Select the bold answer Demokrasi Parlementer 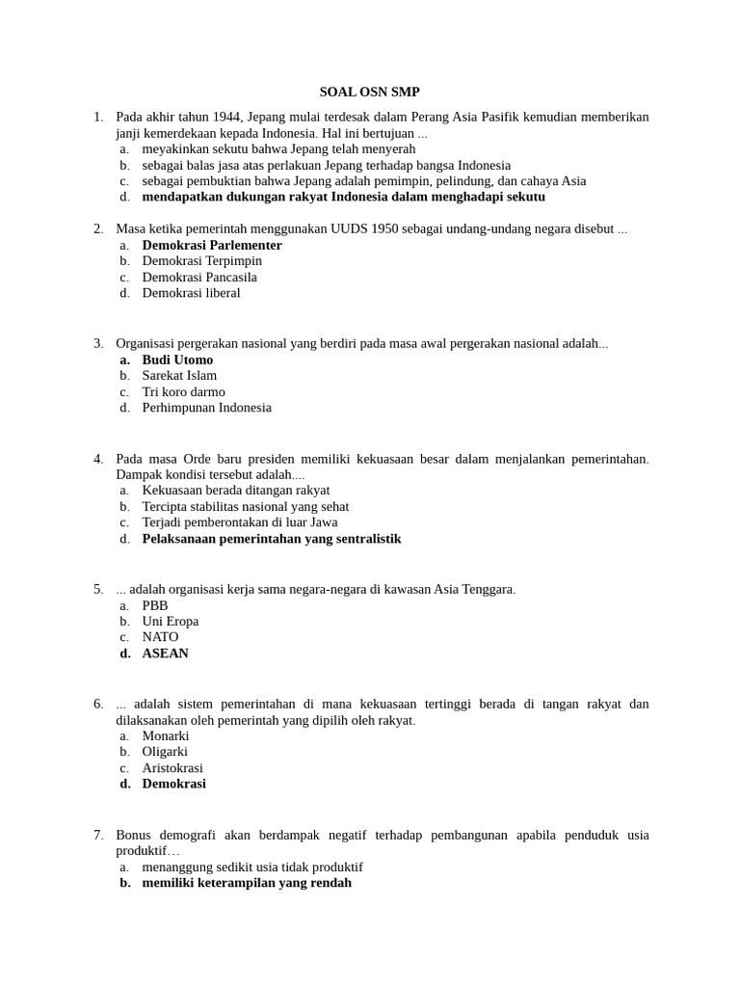pyautogui.click(x=212, y=245)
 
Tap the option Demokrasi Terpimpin pyautogui.click(x=201, y=260)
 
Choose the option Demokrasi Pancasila pyautogui.click(x=199, y=277)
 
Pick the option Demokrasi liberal pyautogui.click(x=191, y=293)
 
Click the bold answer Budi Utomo pyautogui.click(x=177, y=360)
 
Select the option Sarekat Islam pyautogui.click(x=179, y=375)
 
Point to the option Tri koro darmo pyautogui.click(x=183, y=391)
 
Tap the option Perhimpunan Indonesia pyautogui.click(x=206, y=408)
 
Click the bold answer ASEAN pyautogui.click(x=165, y=653)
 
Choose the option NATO pyautogui.click(x=160, y=637)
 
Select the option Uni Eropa pyautogui.click(x=170, y=621)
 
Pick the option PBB pyautogui.click(x=155, y=605)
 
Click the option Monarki pyautogui.click(x=166, y=735)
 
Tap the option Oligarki pyautogui.click(x=165, y=752)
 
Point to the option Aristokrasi pyautogui.click(x=172, y=768)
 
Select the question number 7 pyautogui.click(x=98, y=835)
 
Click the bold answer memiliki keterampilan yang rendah pyautogui.click(x=247, y=882)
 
